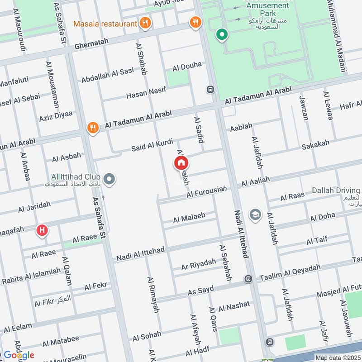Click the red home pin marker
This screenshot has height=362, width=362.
click(x=181, y=163)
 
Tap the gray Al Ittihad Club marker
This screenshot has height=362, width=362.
click(x=109, y=180)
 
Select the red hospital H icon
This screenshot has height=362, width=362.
click(x=42, y=231)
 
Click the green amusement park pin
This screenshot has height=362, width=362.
click(x=221, y=34)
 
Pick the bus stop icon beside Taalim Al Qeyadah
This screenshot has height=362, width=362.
click(x=248, y=279)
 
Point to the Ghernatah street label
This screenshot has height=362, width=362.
click(x=92, y=45)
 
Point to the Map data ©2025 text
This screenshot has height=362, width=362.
click(x=337, y=357)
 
